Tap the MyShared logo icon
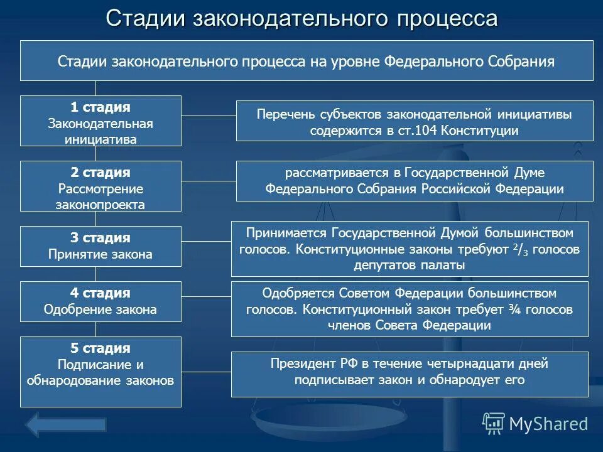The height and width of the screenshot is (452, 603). [x=494, y=423]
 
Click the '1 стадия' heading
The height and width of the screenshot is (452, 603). [x=100, y=107]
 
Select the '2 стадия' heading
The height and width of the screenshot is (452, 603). [x=100, y=173]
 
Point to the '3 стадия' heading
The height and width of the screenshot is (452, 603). [x=100, y=238]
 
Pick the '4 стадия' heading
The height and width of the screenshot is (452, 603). [x=100, y=293]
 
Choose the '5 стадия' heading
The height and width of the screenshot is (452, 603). [x=100, y=348]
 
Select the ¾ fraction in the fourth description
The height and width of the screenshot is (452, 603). [x=513, y=309]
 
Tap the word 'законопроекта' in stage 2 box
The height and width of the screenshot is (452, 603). [x=100, y=204]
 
